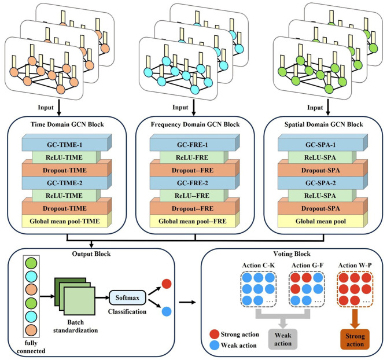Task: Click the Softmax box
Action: (x=127, y=297)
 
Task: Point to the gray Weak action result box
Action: (x=283, y=339)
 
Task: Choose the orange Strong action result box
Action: (x=355, y=340)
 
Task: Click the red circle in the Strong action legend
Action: (x=214, y=335)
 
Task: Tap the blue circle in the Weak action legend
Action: (x=214, y=345)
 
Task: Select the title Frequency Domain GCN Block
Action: (x=195, y=124)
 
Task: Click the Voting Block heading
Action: (x=292, y=254)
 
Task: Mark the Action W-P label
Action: (x=355, y=266)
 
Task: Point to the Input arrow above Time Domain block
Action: (x=59, y=108)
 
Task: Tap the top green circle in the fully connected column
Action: (x=31, y=263)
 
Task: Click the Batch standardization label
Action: (x=76, y=326)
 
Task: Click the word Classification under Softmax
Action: (x=127, y=311)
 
